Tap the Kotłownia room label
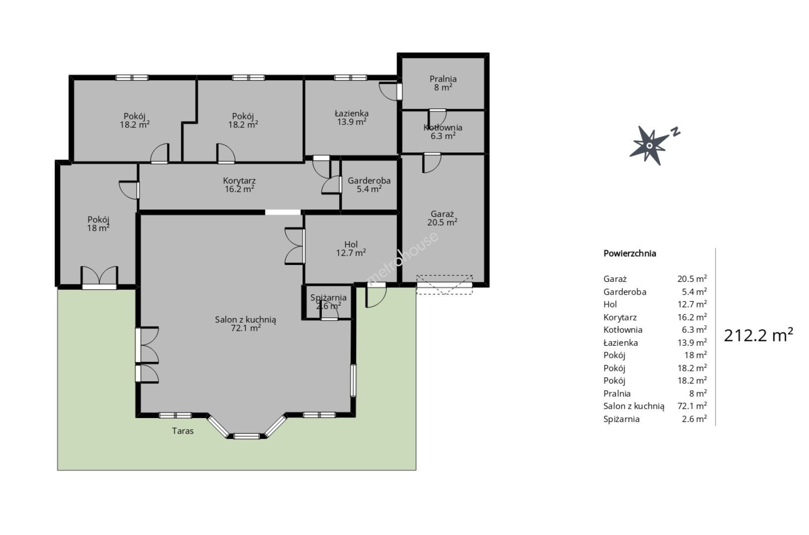[x=443, y=132]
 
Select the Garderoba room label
[x=369, y=185]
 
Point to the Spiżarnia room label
[x=328, y=302]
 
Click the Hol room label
[x=351, y=249]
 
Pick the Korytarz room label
[x=240, y=185]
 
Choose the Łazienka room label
[x=352, y=117]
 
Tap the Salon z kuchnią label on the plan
[x=246, y=323]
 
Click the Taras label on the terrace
[x=183, y=431]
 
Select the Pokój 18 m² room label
[x=98, y=224]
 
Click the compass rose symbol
[x=649, y=146]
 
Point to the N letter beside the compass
[x=675, y=132]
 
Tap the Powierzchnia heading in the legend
[x=630, y=254]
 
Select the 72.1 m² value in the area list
[x=692, y=406]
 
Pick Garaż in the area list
[x=615, y=279]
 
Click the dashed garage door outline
[x=444, y=285]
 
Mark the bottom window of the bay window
[x=247, y=436]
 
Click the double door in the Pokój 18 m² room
[x=100, y=277]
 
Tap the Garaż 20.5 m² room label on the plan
[x=443, y=218]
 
